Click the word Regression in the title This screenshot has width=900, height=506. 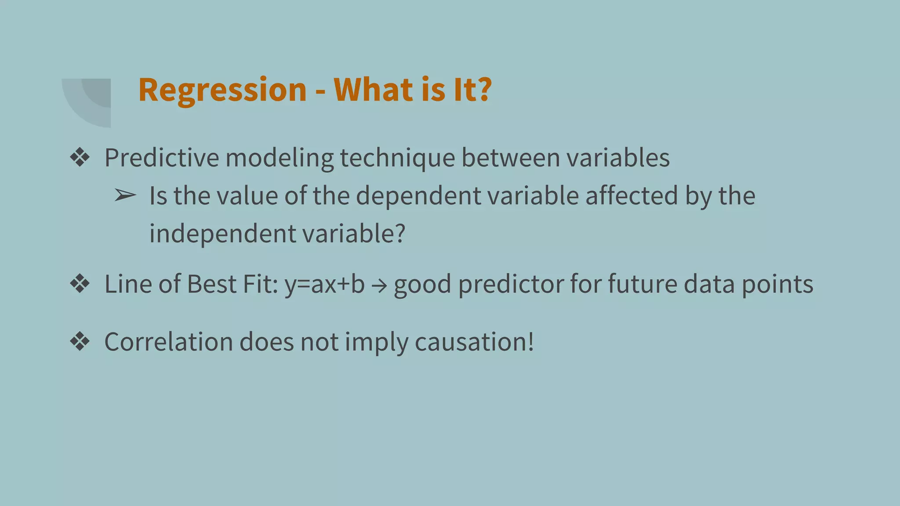222,90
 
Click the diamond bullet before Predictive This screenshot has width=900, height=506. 80,157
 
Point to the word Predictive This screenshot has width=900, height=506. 162,158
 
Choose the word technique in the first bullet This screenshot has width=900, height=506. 397,158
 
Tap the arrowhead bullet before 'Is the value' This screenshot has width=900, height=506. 125,195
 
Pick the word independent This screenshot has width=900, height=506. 222,233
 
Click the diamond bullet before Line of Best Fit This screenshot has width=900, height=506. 80,284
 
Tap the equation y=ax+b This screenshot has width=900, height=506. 325,284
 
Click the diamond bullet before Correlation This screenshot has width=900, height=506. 80,341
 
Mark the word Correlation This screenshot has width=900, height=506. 168,341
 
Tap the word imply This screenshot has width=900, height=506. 377,342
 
